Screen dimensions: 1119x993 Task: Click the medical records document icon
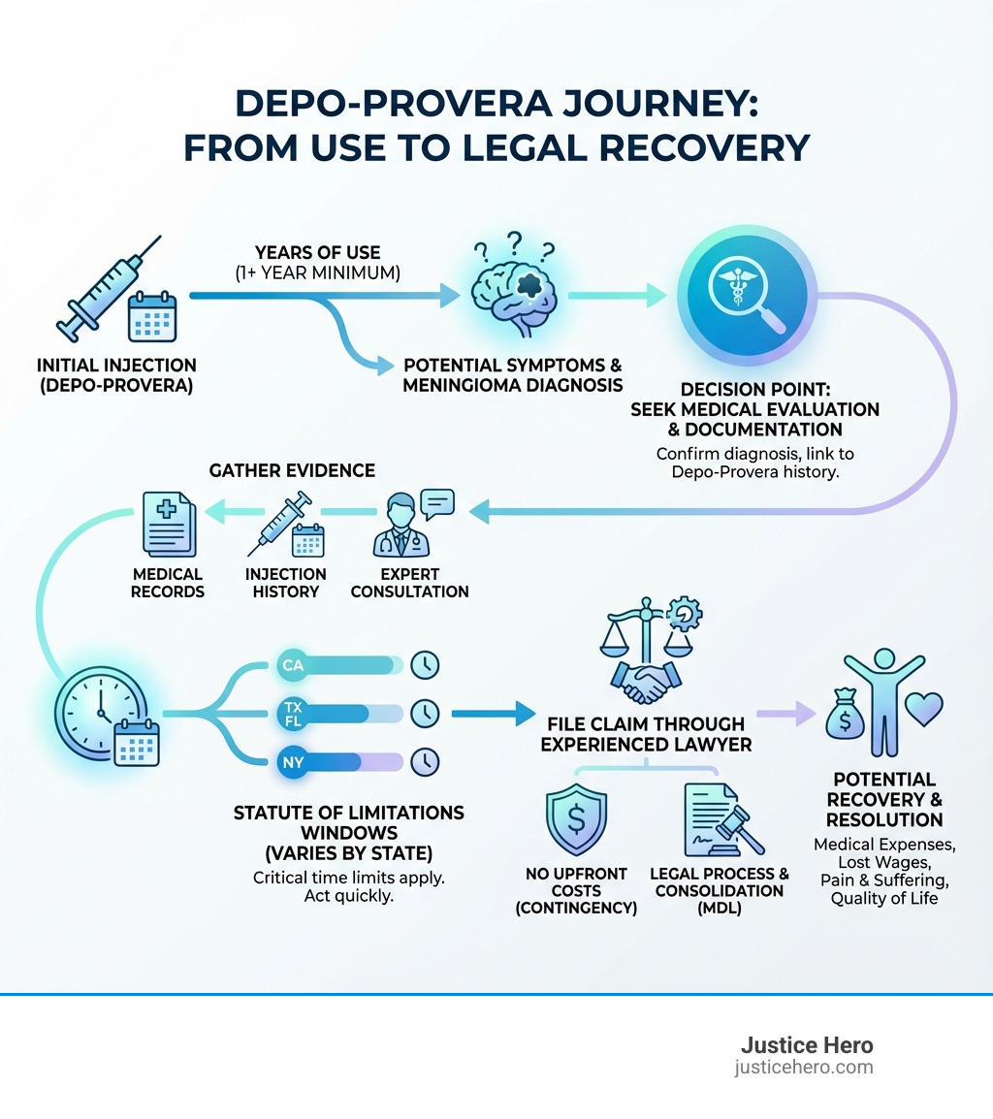tap(168, 525)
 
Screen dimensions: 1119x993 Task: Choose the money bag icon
tap(845, 719)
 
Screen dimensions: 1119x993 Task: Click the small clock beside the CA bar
tap(425, 665)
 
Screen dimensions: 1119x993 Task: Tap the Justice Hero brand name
tap(806, 1045)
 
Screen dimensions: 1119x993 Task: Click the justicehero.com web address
tap(804, 1068)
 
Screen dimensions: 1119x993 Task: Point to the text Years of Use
tap(318, 253)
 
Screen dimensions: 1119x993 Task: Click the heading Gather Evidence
tap(292, 470)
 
